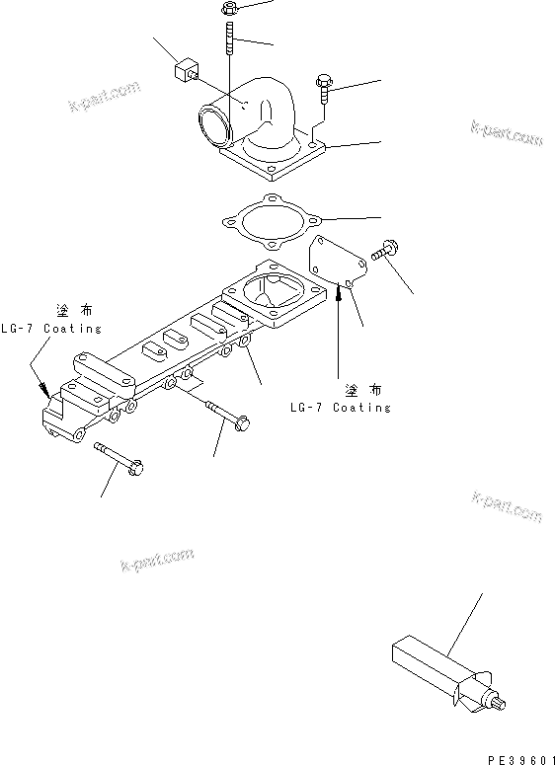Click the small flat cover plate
click(x=338, y=263)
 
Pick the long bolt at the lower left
click(x=119, y=456)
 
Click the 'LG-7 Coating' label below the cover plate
click(x=340, y=407)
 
